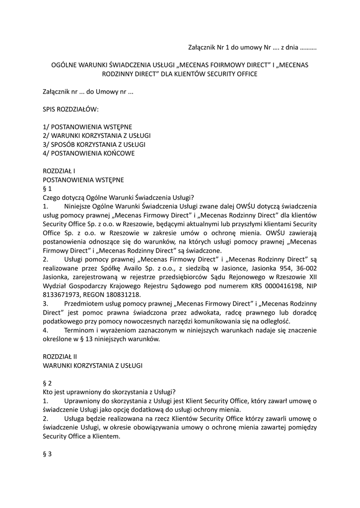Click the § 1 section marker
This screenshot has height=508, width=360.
(x=48, y=188)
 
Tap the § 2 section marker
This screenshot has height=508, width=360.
(x=48, y=382)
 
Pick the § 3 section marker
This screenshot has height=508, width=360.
(x=48, y=454)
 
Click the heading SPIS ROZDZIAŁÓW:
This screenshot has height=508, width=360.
(x=71, y=108)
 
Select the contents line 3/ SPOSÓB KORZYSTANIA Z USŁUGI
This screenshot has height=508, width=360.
(x=94, y=144)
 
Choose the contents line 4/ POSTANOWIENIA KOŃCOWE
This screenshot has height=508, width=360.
(x=89, y=153)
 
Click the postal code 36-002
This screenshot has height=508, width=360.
(x=305, y=277)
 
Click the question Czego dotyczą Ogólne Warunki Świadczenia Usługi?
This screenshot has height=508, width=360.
(x=118, y=197)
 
